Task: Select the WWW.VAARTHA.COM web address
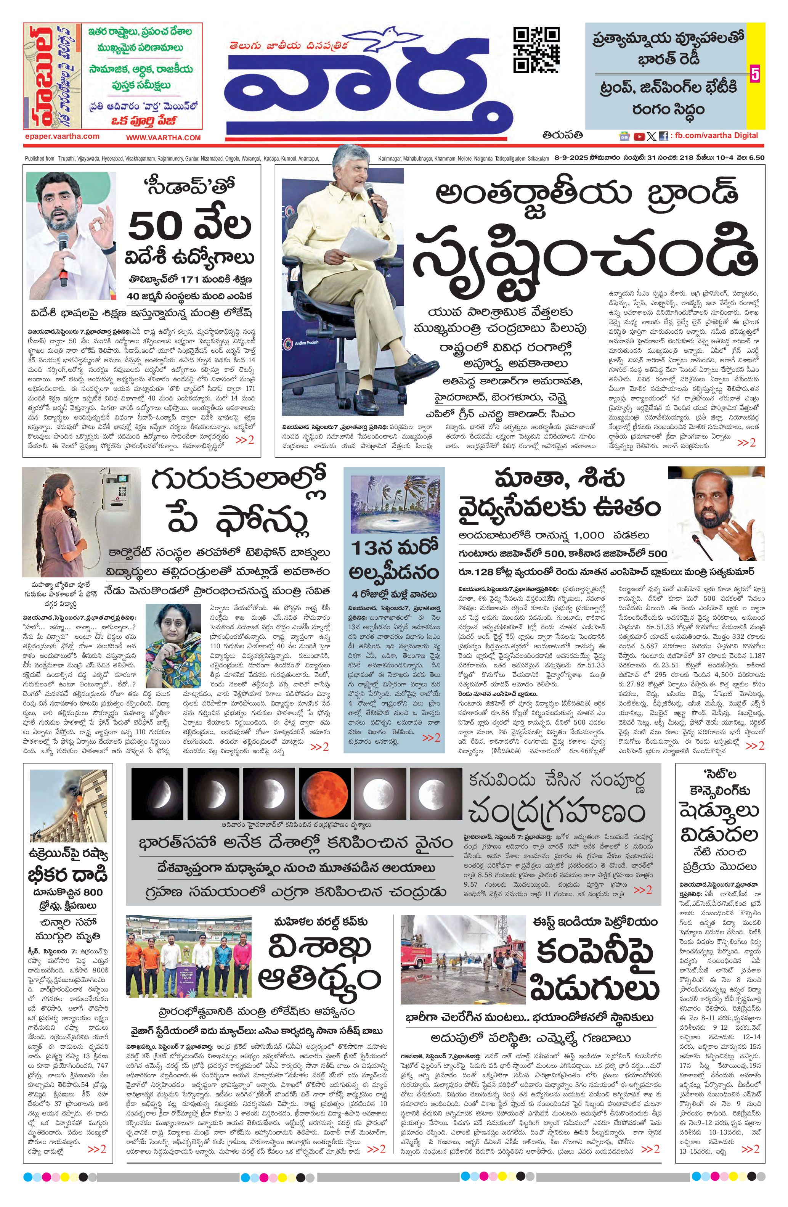pos(163,137)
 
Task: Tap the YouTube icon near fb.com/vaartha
pos(639,136)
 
